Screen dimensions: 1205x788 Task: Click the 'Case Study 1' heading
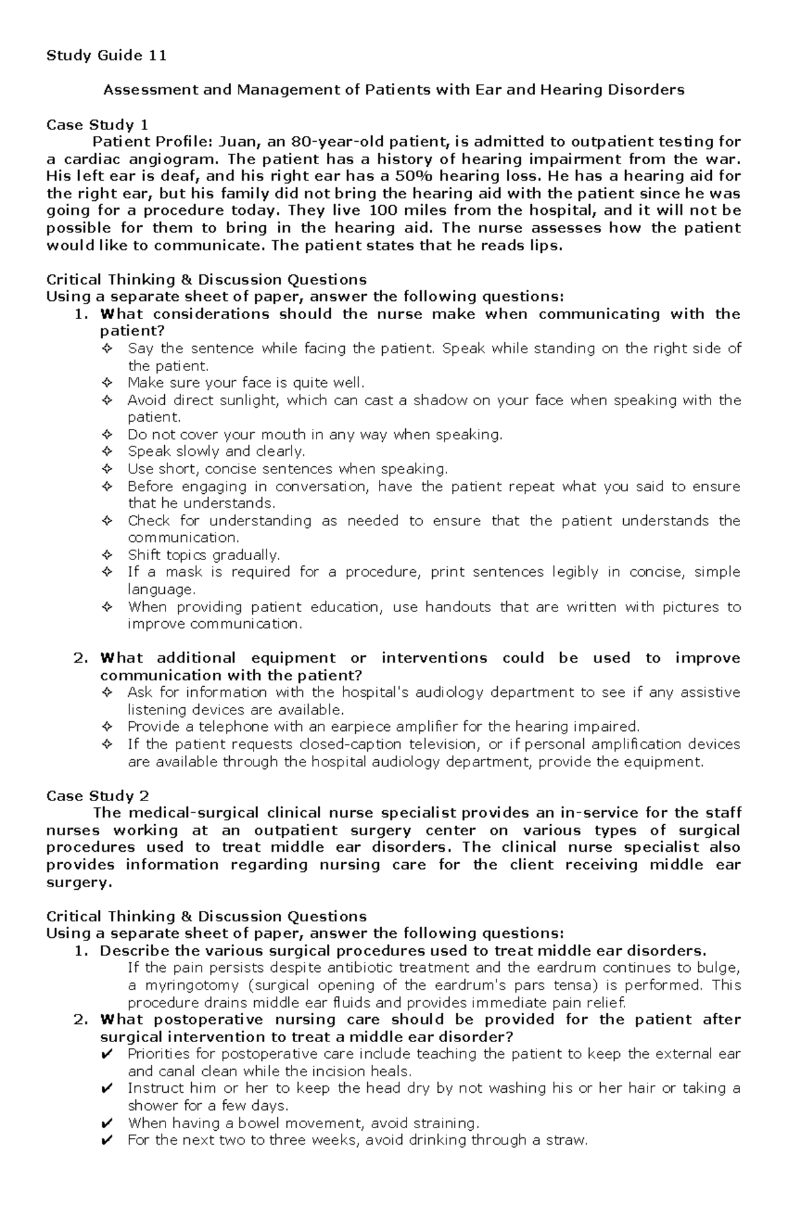tap(97, 125)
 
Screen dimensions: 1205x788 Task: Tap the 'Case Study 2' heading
tap(97, 796)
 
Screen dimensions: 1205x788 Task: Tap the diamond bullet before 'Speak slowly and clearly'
tap(108, 452)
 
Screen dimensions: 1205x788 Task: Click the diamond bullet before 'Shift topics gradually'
tap(108, 555)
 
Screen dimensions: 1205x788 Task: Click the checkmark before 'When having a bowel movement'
tap(108, 1123)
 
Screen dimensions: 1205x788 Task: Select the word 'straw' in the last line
tap(567, 1140)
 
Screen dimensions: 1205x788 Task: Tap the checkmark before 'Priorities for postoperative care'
tap(108, 1054)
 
